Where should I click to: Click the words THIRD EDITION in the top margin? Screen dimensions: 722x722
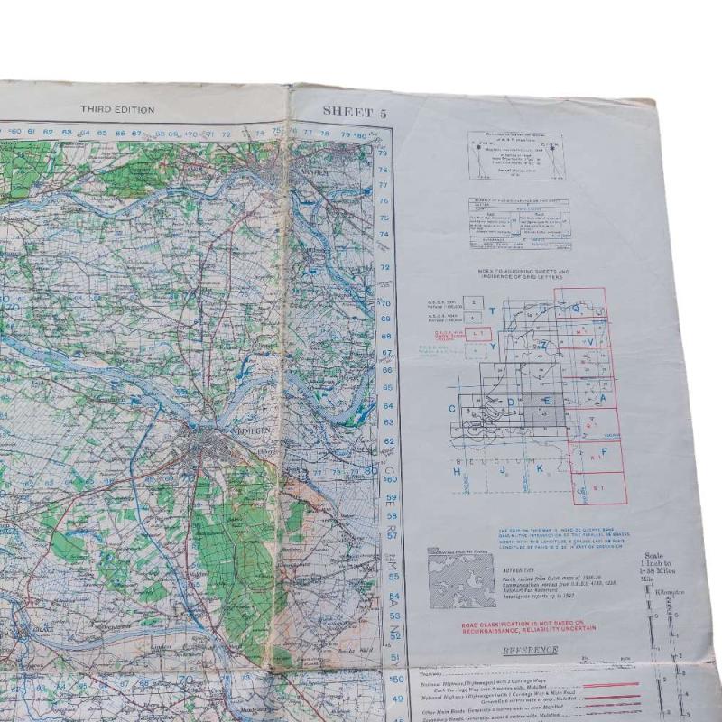click(117, 110)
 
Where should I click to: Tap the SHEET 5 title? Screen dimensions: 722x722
click(355, 112)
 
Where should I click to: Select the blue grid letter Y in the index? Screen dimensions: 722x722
click(493, 344)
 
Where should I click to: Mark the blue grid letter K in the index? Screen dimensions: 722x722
click(540, 469)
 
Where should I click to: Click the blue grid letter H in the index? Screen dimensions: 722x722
click(458, 470)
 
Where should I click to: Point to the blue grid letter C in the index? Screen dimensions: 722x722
click(452, 409)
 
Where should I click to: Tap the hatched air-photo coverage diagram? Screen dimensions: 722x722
click(460, 577)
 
